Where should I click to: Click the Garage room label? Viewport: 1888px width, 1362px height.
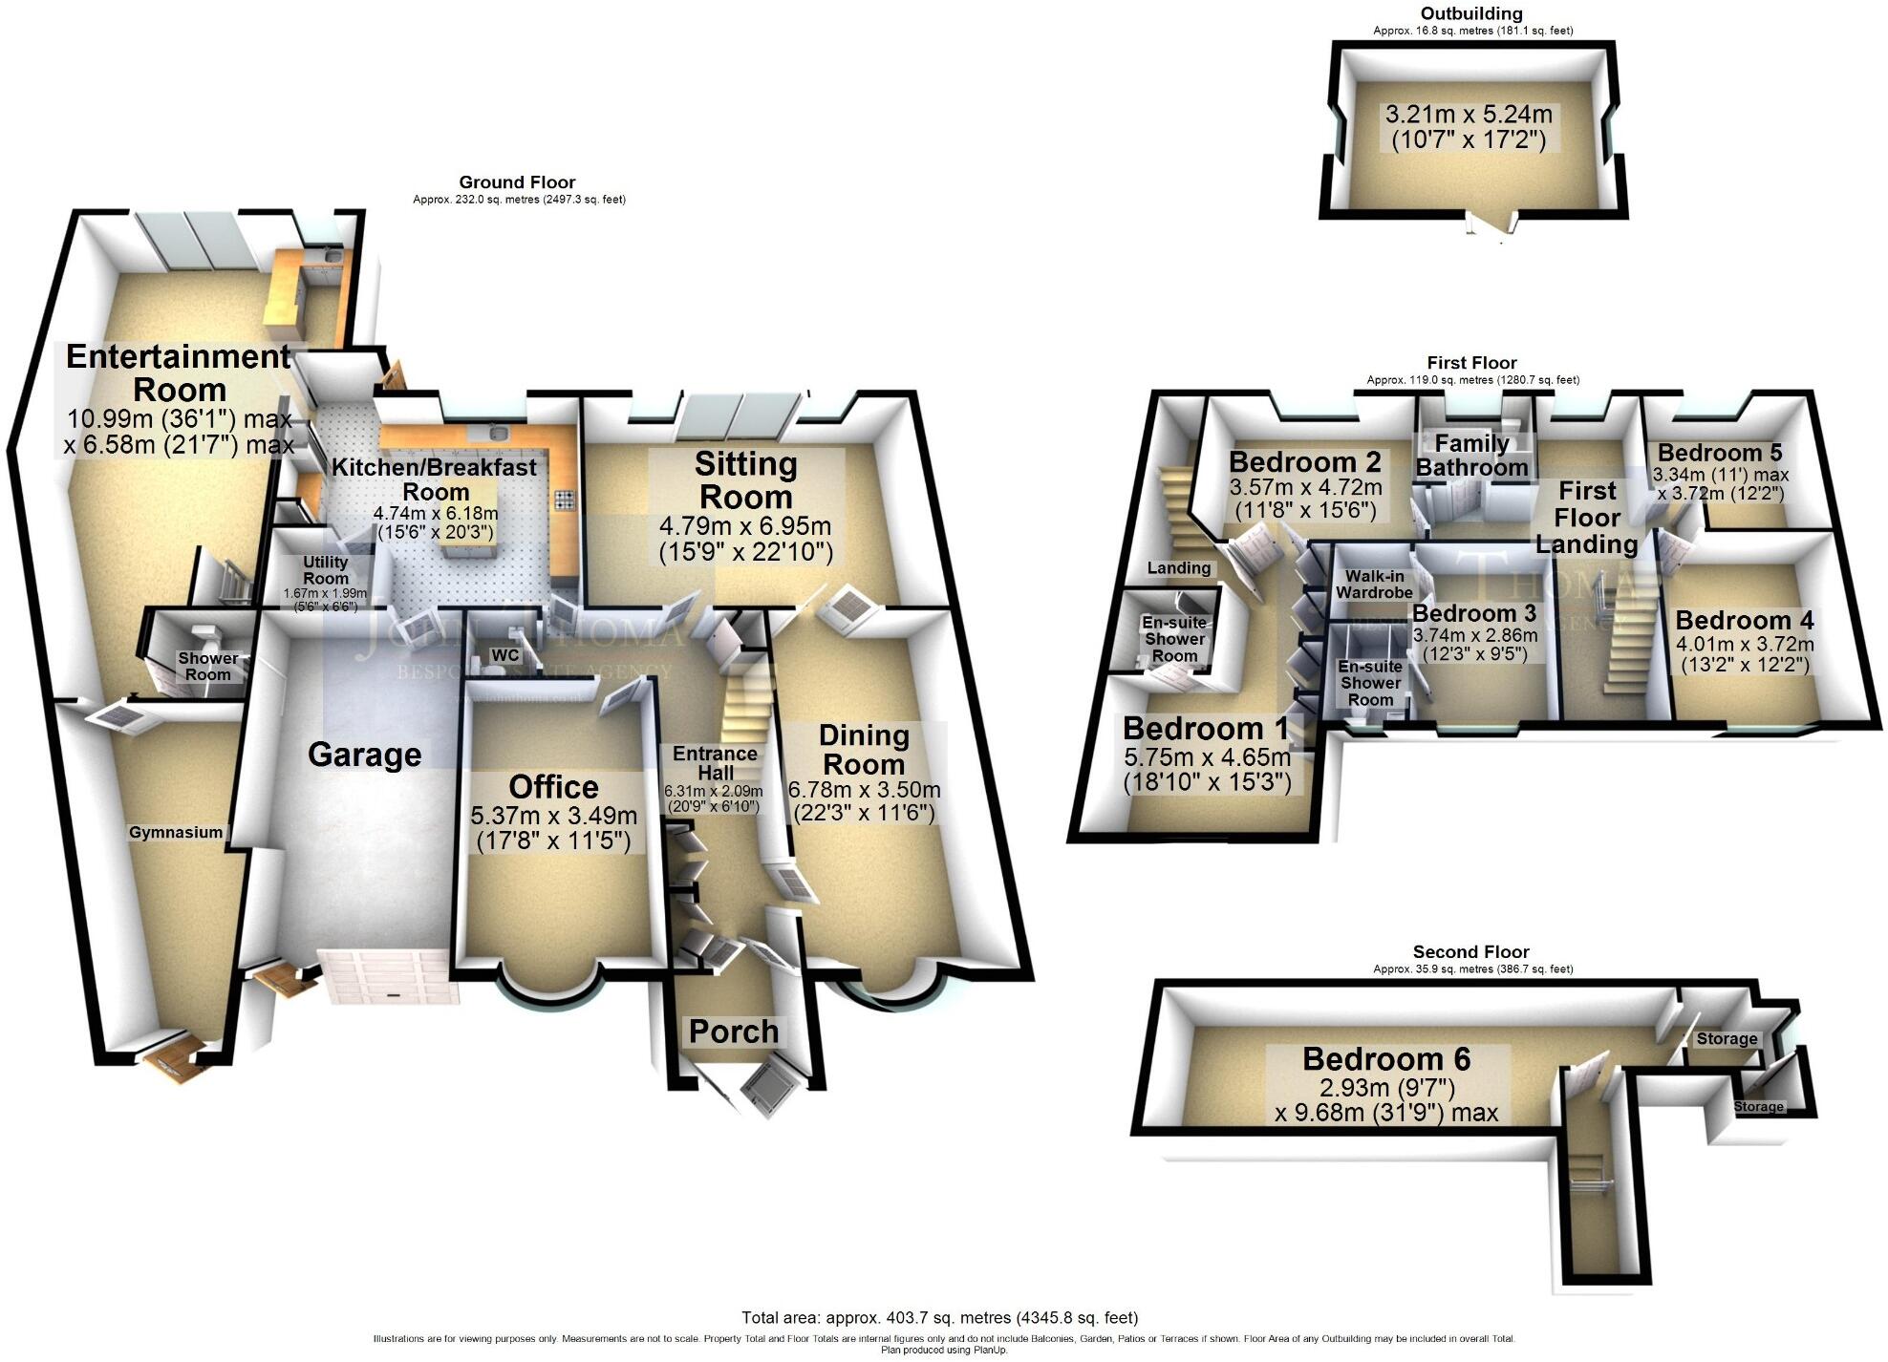tap(364, 755)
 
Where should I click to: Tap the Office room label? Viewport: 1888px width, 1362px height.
tap(553, 787)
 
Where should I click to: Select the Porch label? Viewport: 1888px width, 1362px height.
tap(733, 1032)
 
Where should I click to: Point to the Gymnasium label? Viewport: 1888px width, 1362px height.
tap(176, 832)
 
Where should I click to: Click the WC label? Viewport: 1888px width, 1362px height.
tap(504, 655)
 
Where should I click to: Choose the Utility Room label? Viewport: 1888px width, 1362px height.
tap(325, 570)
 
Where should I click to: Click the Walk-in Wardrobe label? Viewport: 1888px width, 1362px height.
tap(1373, 585)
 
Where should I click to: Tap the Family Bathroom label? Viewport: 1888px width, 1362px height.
tap(1471, 456)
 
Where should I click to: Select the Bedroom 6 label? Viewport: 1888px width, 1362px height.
tap(1385, 1059)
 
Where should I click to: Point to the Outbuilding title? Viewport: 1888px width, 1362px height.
tap(1471, 13)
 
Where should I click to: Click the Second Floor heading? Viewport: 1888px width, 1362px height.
tap(1470, 951)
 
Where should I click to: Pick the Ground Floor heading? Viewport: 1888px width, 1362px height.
tap(517, 182)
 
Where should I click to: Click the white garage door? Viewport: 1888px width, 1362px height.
tap(389, 976)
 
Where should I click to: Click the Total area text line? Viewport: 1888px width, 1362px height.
tap(939, 1318)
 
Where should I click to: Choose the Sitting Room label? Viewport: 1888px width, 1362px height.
tap(745, 480)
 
